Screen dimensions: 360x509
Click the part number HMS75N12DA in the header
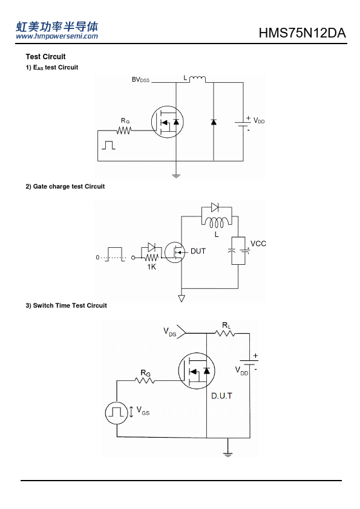302,33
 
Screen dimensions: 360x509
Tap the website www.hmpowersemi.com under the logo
57,36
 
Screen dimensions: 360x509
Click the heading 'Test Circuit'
45,57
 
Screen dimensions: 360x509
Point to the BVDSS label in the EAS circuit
141,80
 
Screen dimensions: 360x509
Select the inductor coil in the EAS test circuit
197,79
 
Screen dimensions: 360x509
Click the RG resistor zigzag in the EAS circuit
124,131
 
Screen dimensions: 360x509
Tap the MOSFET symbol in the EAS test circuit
168,122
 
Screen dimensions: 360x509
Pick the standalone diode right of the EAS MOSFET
214,122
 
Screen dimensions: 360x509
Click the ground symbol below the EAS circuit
176,176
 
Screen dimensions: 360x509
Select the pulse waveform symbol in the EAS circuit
108,145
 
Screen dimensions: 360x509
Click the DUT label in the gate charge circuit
198,251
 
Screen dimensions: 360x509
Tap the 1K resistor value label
151,267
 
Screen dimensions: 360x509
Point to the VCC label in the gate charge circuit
258,244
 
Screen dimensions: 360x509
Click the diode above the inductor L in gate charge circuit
215,207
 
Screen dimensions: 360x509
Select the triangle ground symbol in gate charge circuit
182,298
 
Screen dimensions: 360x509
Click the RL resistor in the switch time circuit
225,333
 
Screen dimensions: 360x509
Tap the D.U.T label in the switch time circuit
221,396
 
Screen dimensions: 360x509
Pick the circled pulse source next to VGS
116,413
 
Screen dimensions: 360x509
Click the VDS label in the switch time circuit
170,332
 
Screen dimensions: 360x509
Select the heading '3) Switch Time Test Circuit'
67,305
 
